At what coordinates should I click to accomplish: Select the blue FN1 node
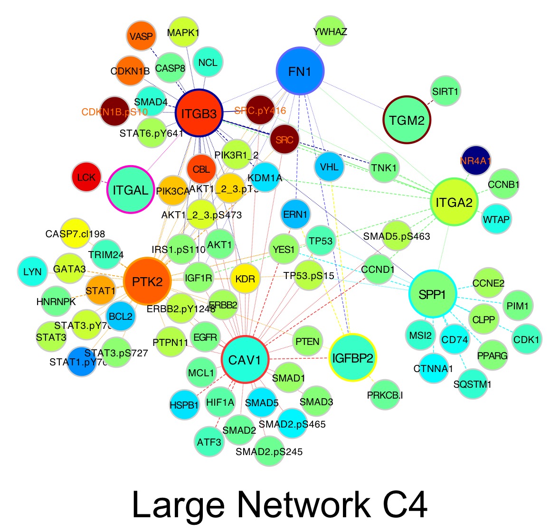[300, 71]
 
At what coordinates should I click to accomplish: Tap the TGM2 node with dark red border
[407, 120]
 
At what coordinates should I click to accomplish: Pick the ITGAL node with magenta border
[131, 190]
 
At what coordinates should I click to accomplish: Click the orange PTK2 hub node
[147, 281]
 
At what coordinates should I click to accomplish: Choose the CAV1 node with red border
[245, 360]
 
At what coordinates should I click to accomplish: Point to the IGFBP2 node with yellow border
[352, 357]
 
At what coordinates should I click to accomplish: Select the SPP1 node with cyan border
[433, 294]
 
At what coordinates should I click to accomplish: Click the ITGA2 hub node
[454, 202]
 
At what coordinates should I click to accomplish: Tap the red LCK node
[86, 177]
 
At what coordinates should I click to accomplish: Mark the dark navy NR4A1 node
[475, 160]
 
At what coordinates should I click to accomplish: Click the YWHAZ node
[330, 32]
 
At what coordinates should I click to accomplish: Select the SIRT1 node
[445, 91]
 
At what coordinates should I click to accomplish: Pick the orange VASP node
[141, 36]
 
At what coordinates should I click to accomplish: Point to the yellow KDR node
[245, 279]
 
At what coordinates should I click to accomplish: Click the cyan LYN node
[32, 272]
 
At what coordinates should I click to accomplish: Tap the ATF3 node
[209, 442]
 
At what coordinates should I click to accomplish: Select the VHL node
[329, 167]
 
